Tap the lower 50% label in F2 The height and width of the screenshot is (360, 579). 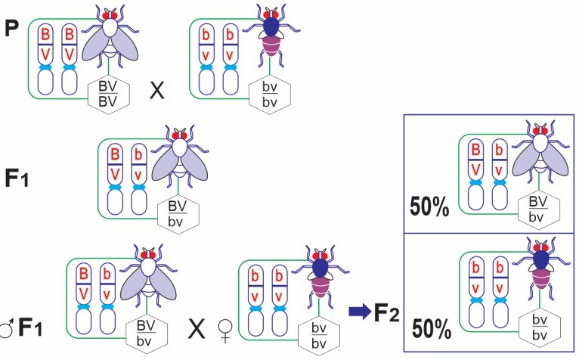(x=431, y=330)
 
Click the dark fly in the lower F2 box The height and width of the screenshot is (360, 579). (x=540, y=271)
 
